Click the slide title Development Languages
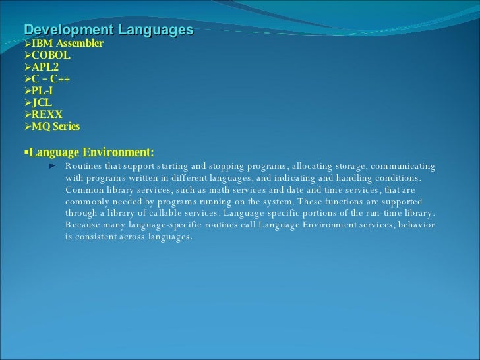[x=109, y=30]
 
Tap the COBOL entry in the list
[x=51, y=55]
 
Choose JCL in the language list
[x=42, y=103]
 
